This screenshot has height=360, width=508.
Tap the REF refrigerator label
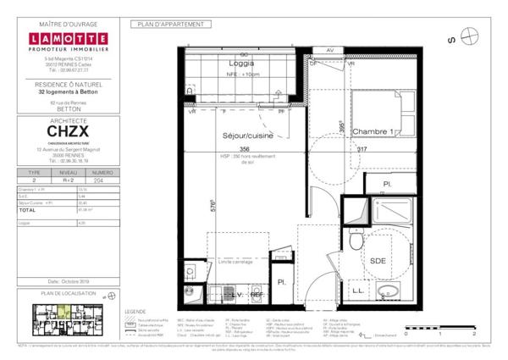(x=268, y=294)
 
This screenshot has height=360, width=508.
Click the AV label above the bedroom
(x=329, y=50)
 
